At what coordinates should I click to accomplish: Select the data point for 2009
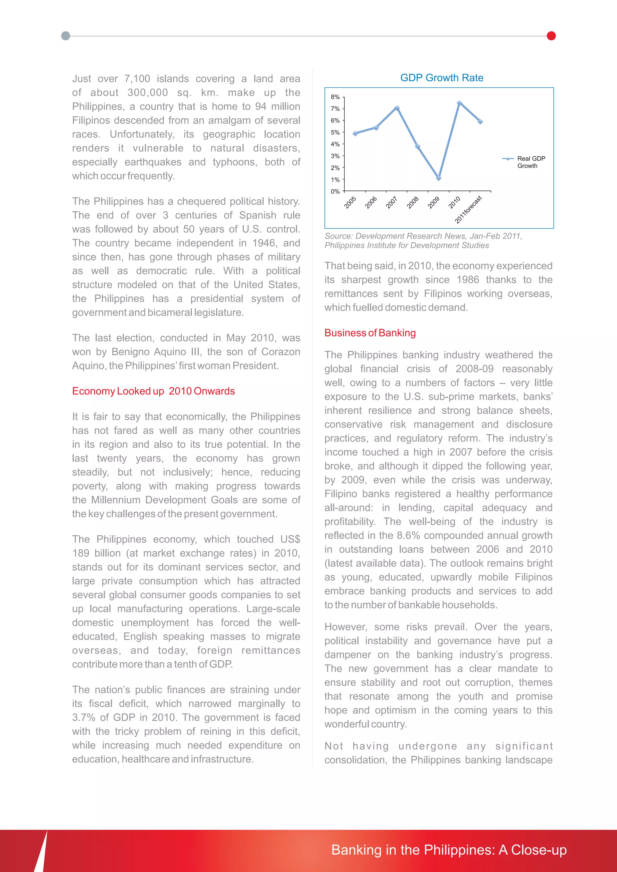pos(438,178)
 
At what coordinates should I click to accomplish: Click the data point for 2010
pos(459,103)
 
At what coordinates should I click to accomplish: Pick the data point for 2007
pos(397,108)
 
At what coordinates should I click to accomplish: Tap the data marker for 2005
pos(355,133)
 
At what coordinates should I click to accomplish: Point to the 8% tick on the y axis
pos(335,97)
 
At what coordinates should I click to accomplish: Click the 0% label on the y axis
pos(335,192)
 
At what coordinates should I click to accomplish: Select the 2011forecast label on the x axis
pos(469,209)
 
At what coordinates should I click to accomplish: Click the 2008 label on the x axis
pos(413,202)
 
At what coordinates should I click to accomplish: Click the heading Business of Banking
pos(370,333)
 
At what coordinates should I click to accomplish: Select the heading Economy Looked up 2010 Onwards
pos(153,391)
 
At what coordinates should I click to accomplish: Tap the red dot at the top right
pos(551,36)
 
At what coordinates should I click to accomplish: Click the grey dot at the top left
pos(65,36)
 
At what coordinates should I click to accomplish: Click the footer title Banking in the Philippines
pos(449,850)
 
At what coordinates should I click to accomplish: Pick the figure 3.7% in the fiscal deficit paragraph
pos(83,718)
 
